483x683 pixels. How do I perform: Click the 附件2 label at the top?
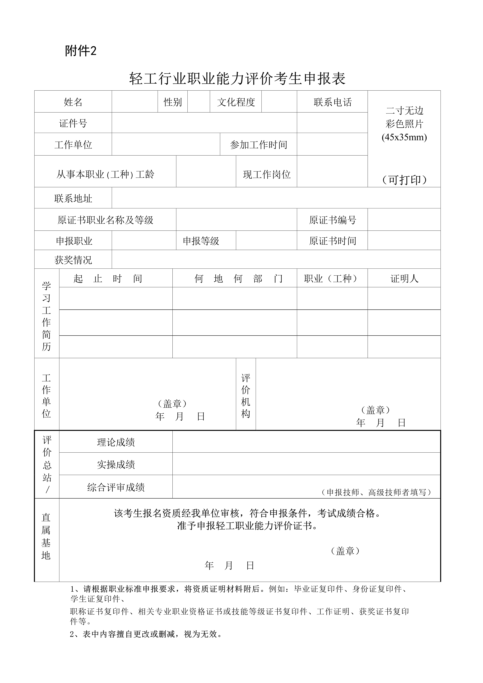(x=81, y=51)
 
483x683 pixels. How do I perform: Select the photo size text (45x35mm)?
(x=404, y=137)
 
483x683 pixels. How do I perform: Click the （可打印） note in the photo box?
(x=404, y=180)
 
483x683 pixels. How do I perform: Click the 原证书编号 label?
(x=332, y=220)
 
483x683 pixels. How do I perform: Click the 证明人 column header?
(x=404, y=278)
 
